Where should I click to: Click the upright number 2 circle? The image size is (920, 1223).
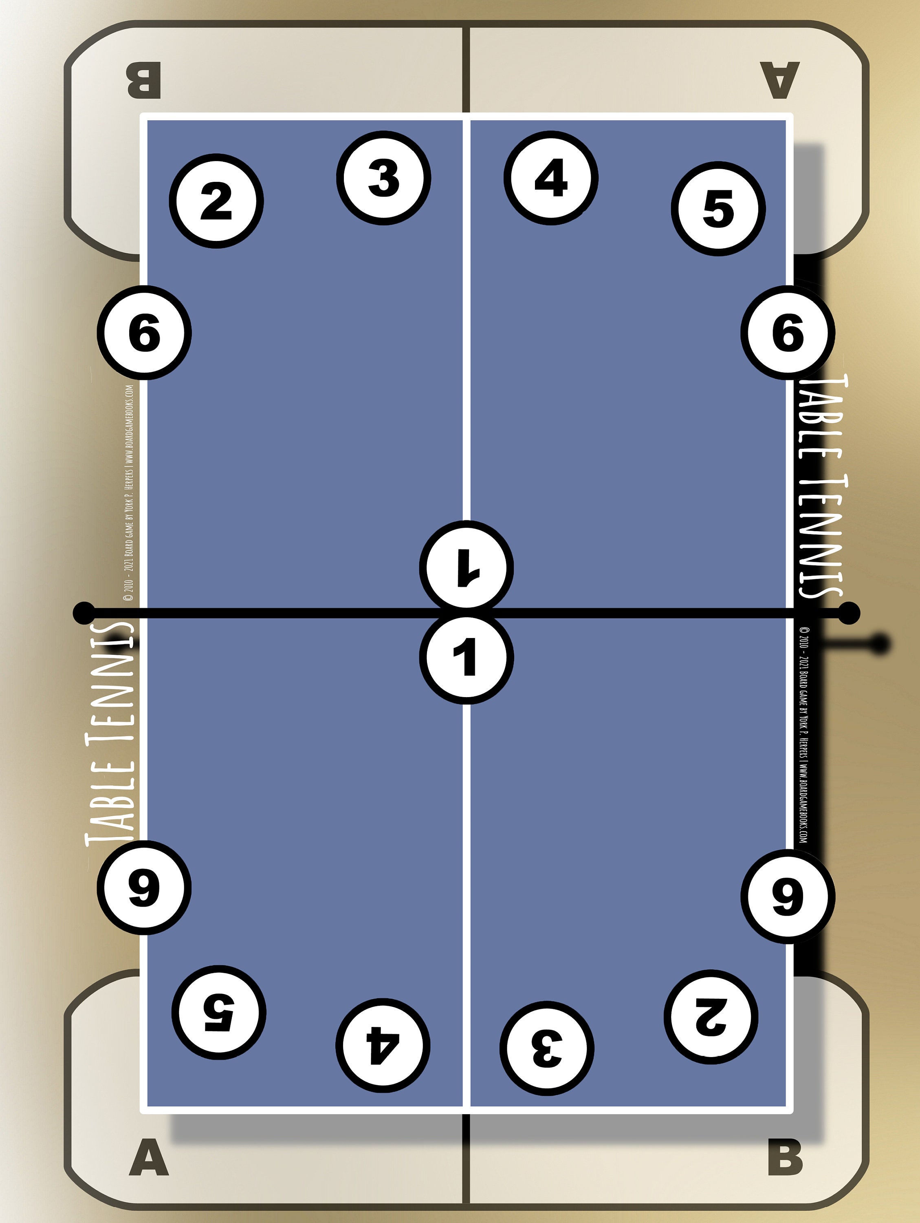216,201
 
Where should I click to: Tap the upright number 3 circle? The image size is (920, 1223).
383,178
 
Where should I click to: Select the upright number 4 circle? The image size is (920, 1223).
551,178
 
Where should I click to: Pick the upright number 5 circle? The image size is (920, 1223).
718,209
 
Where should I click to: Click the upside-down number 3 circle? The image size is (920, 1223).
547,1048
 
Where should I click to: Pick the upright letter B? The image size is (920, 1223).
785,1157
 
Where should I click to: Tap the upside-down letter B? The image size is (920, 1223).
144,81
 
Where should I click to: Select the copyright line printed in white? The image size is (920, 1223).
129,492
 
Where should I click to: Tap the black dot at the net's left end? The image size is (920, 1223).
84,613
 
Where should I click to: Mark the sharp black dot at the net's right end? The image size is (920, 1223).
849,613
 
